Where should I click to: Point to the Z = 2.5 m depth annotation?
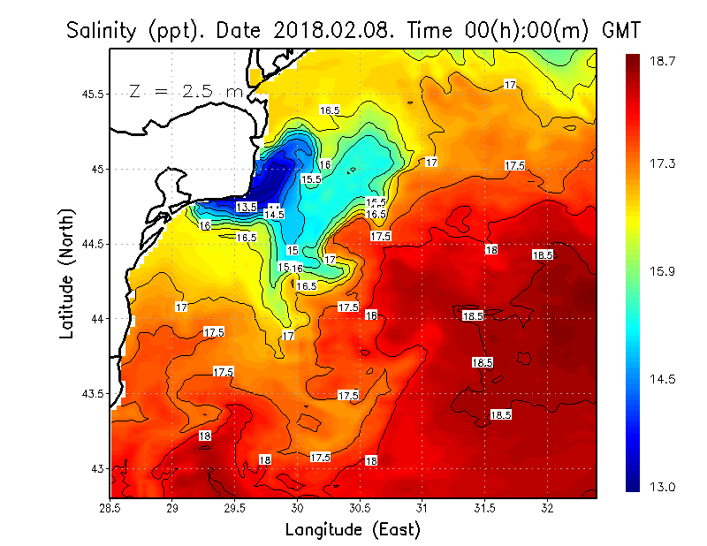click(186, 91)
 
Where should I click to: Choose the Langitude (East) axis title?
click(353, 530)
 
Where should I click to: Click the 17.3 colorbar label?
click(663, 163)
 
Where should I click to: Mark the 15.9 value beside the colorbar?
click(663, 271)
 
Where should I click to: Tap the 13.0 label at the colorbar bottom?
click(663, 487)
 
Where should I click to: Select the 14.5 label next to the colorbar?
click(663, 379)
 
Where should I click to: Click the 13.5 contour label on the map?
click(247, 207)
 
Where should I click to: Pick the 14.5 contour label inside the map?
click(274, 215)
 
